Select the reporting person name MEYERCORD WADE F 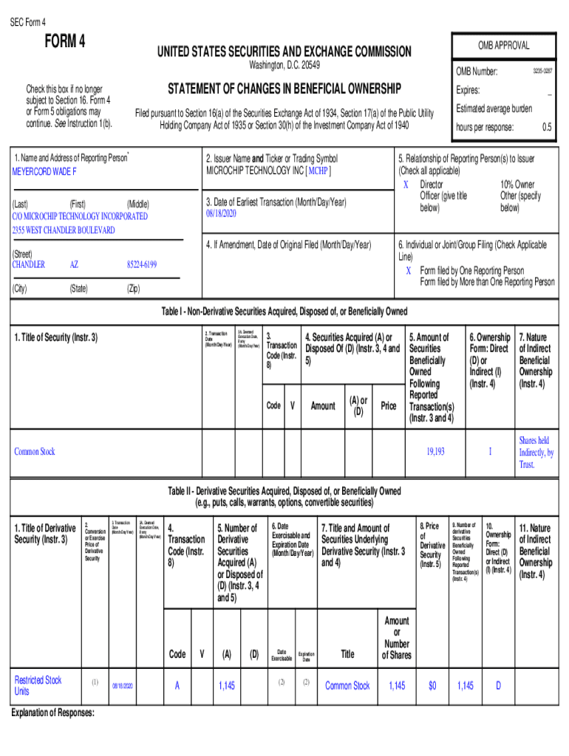point(44,171)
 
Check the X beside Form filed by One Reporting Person point(408,270)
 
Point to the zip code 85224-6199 point(142,264)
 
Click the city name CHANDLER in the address point(29,264)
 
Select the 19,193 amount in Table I point(435,451)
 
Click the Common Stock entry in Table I point(35,451)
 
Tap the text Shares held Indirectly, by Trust point(536,452)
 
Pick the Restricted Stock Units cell point(38,685)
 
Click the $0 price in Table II point(432,686)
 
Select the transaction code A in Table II point(177,686)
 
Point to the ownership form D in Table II point(498,686)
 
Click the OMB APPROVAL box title point(502,45)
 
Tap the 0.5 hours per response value point(547,127)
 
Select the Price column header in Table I point(388,405)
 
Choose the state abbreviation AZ point(75,264)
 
